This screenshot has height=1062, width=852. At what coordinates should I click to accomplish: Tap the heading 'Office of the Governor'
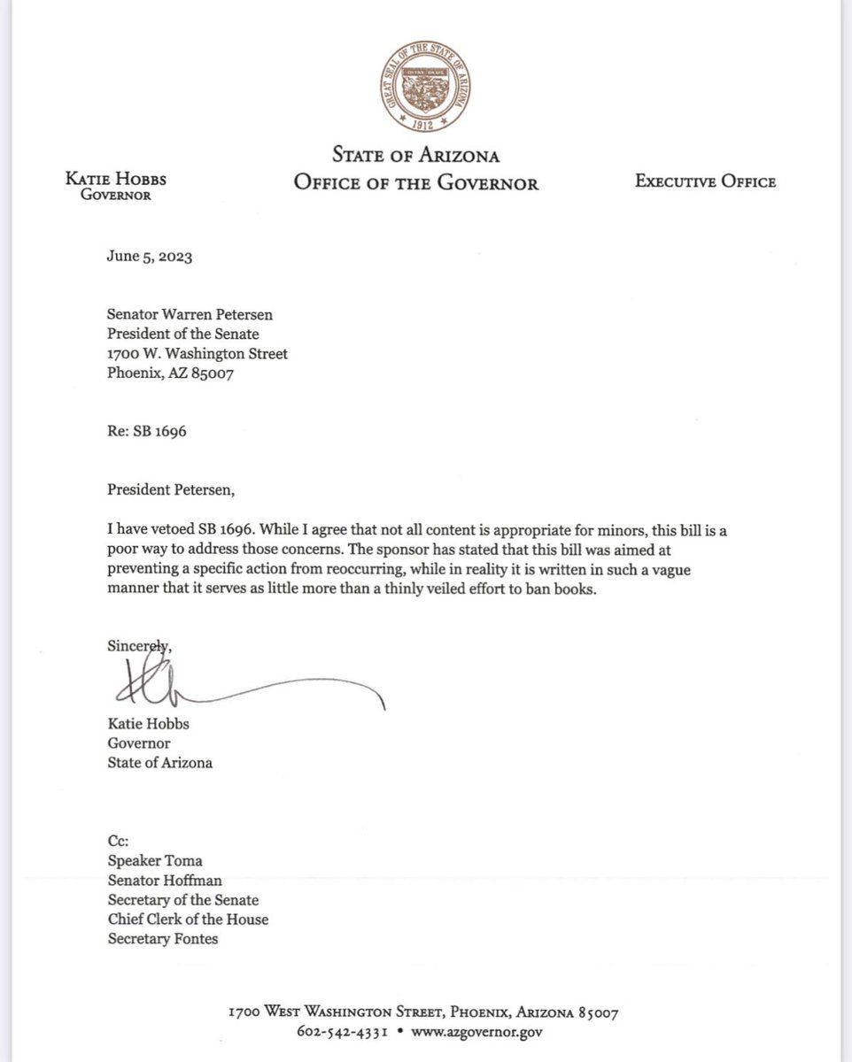[x=416, y=183]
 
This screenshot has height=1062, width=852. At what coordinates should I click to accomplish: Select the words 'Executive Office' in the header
[x=705, y=182]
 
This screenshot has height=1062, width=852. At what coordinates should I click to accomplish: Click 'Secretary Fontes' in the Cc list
[x=161, y=939]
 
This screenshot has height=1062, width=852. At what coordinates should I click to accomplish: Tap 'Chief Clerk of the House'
[x=187, y=920]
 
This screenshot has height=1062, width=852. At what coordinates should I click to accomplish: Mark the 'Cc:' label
[x=119, y=842]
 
